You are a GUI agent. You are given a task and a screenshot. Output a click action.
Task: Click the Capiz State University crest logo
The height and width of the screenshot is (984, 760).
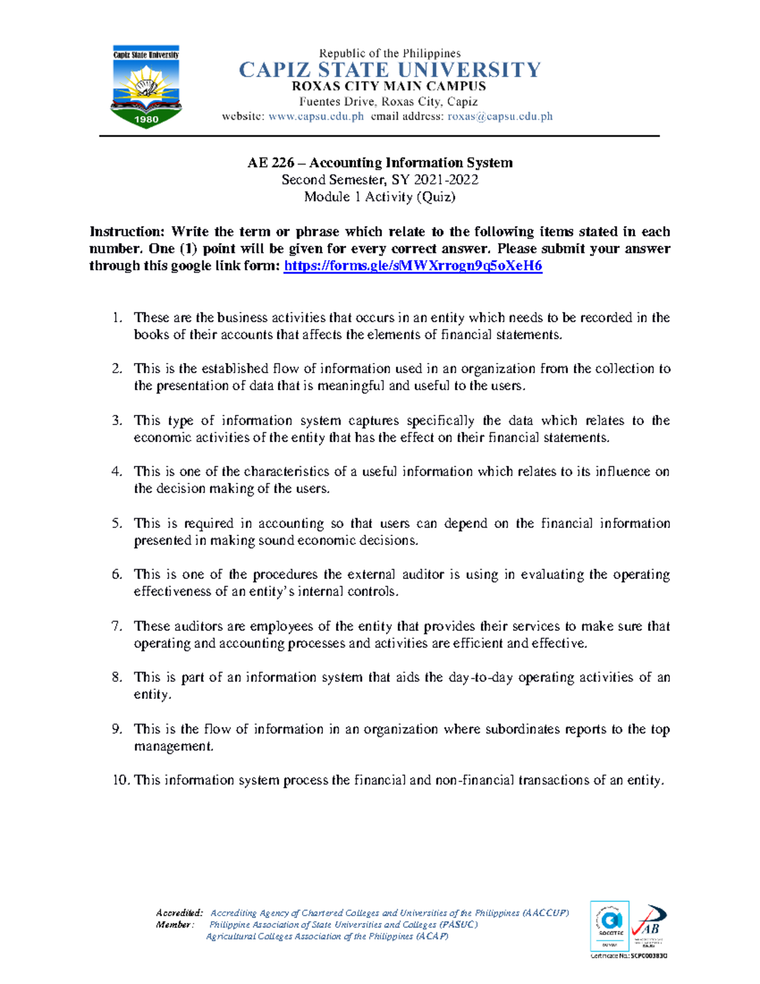point(146,87)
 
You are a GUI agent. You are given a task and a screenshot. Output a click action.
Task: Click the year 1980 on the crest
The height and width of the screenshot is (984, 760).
point(146,118)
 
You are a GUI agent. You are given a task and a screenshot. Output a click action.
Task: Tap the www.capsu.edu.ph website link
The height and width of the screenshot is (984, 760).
point(316,117)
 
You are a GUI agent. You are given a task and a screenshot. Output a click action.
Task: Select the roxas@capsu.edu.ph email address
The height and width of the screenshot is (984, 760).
point(500,117)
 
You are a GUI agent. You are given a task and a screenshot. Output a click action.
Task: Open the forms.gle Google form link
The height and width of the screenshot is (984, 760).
point(413,266)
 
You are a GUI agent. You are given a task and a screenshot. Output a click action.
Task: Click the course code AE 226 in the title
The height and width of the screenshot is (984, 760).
point(270,163)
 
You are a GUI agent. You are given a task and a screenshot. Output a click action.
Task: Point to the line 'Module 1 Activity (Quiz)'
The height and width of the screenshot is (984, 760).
point(379,197)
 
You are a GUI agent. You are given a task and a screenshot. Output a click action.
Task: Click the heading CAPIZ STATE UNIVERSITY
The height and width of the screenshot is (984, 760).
point(389,70)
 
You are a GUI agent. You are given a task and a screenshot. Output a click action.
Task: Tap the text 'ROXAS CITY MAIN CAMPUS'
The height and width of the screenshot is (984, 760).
point(389,86)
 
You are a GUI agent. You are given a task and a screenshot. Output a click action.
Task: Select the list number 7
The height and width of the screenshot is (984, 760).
point(117,627)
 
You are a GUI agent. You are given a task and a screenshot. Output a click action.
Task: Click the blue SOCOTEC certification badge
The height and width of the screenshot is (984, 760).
point(609,925)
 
